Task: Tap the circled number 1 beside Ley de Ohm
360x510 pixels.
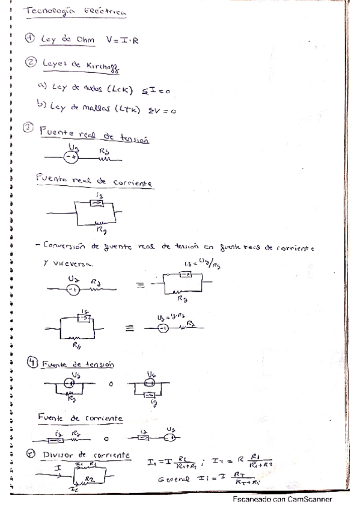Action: (x=30, y=40)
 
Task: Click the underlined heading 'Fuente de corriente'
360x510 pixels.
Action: (x=80, y=417)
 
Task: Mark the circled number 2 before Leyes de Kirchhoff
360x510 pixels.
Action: (x=30, y=62)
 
